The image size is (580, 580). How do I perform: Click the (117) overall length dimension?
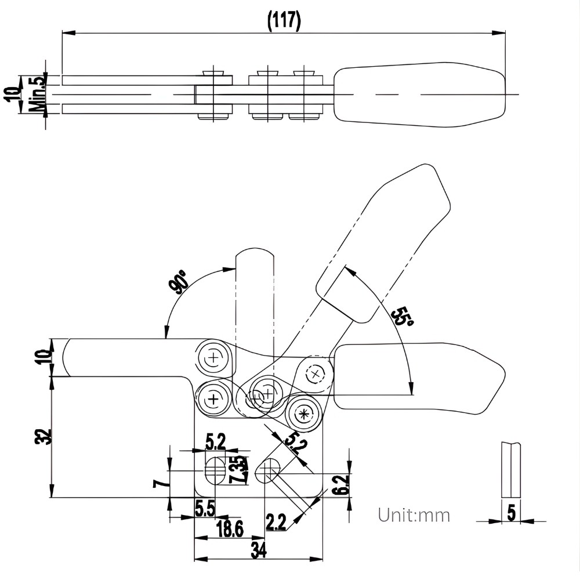pos(284,21)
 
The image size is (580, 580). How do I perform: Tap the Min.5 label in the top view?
pos(39,94)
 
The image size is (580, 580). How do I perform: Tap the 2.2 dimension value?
pos(275,522)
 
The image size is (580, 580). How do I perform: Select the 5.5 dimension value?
pos(205,509)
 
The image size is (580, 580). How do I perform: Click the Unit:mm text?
pos(414,514)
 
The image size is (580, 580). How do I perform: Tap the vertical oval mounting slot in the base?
pos(215,470)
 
